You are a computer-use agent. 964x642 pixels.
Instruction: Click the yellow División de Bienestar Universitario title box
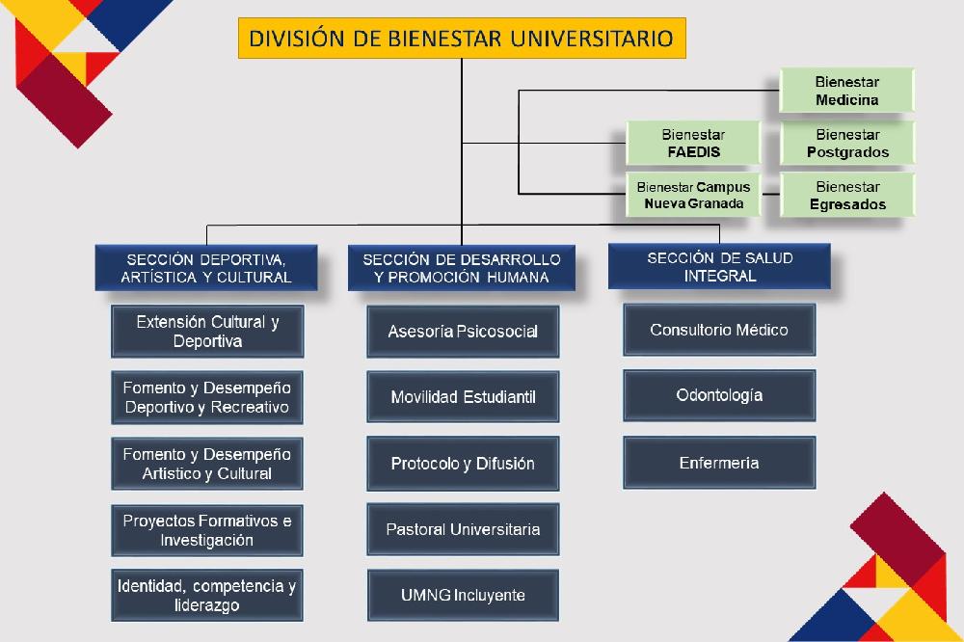click(462, 39)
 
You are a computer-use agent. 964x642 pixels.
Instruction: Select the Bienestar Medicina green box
click(846, 91)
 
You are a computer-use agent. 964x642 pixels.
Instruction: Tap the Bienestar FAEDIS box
click(693, 144)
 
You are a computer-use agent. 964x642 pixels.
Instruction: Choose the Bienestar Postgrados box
click(847, 144)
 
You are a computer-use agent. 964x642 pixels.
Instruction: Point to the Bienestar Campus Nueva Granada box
click(693, 195)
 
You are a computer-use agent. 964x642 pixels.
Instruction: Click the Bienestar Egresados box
click(847, 195)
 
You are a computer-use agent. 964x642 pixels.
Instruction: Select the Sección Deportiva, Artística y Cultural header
click(206, 268)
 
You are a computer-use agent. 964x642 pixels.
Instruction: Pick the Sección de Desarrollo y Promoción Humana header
click(462, 268)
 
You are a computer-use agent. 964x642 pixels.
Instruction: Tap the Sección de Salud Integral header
click(719, 267)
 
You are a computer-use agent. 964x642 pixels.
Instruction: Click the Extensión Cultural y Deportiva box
click(207, 332)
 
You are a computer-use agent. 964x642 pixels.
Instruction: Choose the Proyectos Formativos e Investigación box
click(207, 530)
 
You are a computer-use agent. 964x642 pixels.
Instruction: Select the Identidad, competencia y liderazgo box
click(207, 596)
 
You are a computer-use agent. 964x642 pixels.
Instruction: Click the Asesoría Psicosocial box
click(463, 332)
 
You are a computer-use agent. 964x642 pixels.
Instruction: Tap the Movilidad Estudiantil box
click(463, 396)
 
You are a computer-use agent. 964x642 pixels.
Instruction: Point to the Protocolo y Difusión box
click(463, 463)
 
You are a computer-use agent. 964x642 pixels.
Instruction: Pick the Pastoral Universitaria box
click(463, 529)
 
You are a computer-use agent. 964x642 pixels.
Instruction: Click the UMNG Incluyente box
click(463, 596)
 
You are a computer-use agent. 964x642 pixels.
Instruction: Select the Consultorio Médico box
click(719, 330)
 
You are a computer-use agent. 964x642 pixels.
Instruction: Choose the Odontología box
click(719, 395)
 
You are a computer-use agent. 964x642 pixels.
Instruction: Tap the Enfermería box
click(719, 463)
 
